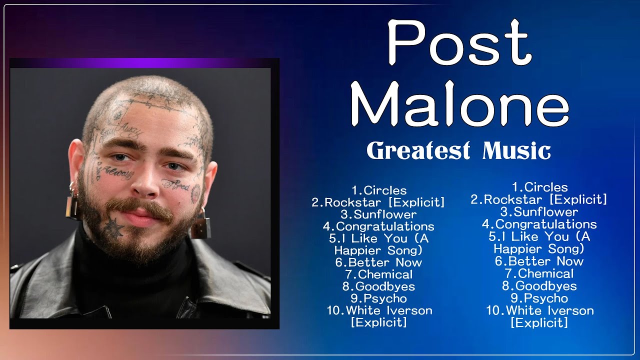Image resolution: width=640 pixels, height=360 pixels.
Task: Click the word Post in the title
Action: coord(459,44)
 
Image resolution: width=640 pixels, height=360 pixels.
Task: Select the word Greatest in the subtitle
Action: coord(418,150)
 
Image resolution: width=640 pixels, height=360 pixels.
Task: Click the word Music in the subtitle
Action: coord(516,150)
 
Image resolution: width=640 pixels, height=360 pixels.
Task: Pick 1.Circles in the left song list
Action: coord(378,190)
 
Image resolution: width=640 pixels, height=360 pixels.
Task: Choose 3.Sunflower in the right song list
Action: coord(539,212)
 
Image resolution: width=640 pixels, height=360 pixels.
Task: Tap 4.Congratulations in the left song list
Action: coord(378,226)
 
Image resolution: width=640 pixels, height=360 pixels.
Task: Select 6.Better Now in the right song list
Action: coord(539,261)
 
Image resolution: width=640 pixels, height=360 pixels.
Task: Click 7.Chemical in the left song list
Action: coord(378,274)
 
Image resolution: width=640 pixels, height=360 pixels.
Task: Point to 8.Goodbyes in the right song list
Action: coord(539,286)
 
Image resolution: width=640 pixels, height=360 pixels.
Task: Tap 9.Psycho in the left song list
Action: coord(378,298)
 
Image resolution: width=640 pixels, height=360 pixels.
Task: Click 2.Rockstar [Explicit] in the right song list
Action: coord(539,199)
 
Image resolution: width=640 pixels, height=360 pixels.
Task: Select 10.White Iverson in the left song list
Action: coord(379,310)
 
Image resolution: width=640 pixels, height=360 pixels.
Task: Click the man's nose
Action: coord(145,186)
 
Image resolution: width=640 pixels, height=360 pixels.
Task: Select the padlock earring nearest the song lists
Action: coord(200,226)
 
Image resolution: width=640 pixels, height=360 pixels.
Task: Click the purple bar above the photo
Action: coord(144,63)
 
